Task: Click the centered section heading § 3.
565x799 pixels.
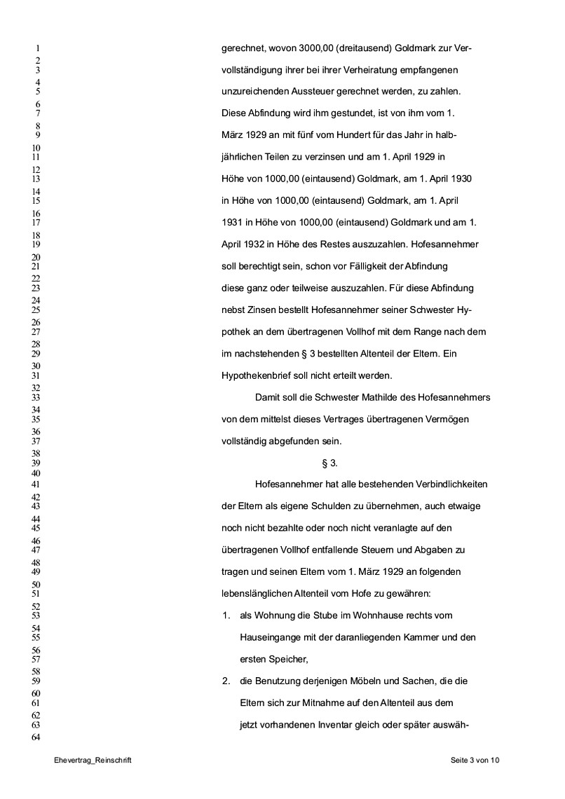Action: point(329,463)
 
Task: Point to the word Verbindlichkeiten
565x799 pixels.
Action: point(447,485)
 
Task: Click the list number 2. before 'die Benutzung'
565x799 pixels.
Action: point(226,681)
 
